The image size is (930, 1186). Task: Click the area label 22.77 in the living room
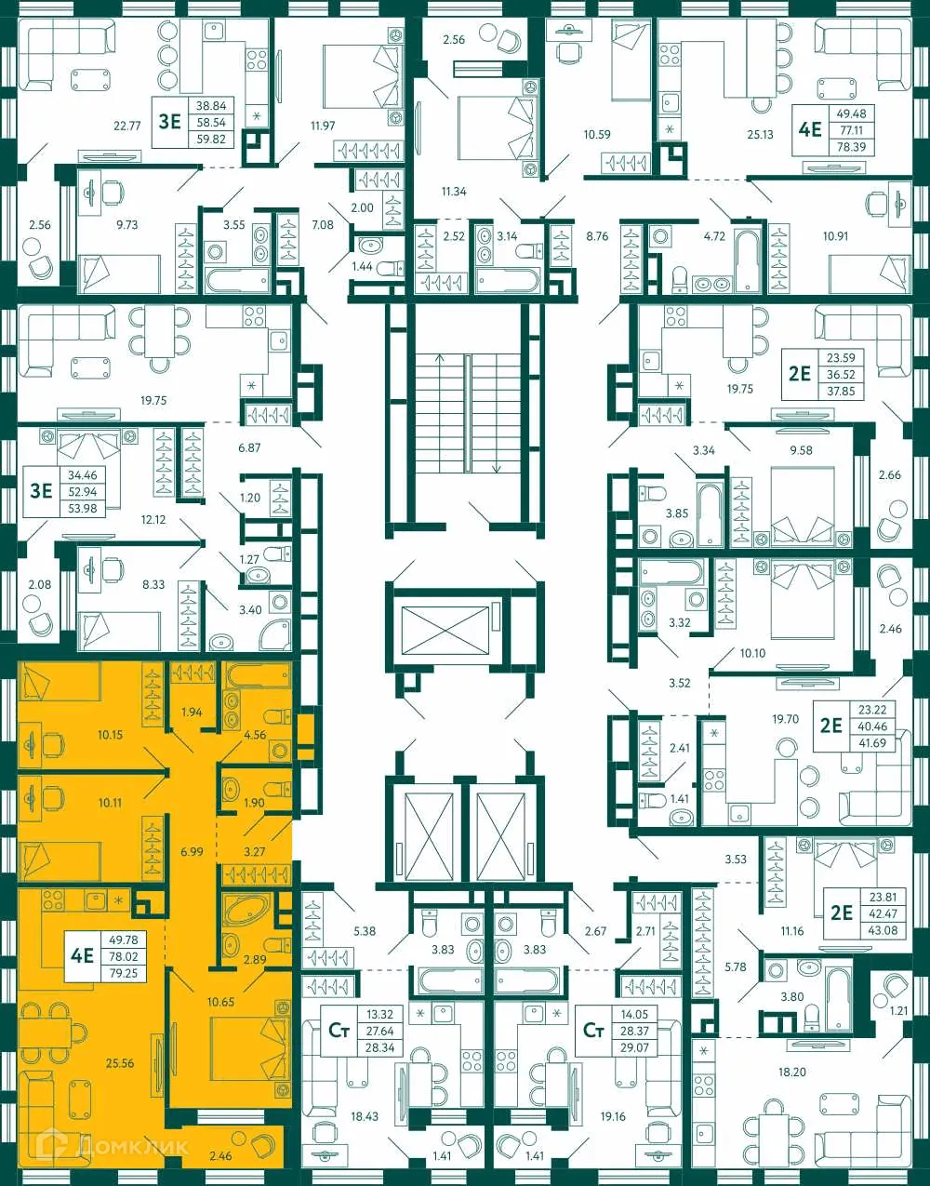tap(126, 126)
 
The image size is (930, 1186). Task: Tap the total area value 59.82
tap(211, 139)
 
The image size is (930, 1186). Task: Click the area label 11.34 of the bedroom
tap(454, 192)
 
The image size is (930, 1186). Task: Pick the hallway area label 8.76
tap(597, 236)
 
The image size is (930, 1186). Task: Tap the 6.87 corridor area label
tap(249, 447)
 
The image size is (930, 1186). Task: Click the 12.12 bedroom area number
tap(153, 519)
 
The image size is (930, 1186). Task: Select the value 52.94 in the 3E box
tap(82, 492)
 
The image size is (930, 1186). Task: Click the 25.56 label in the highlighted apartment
tap(120, 1063)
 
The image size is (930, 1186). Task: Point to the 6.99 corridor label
tap(193, 851)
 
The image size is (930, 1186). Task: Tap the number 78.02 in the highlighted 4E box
tap(123, 956)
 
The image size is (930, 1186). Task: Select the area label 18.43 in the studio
tap(365, 1116)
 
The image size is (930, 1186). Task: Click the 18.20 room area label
tap(791, 1073)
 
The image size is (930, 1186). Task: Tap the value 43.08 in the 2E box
tap(883, 930)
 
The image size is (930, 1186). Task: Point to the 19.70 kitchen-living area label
tap(786, 718)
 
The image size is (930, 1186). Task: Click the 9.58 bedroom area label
tap(801, 450)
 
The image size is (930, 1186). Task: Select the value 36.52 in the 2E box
tap(840, 375)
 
